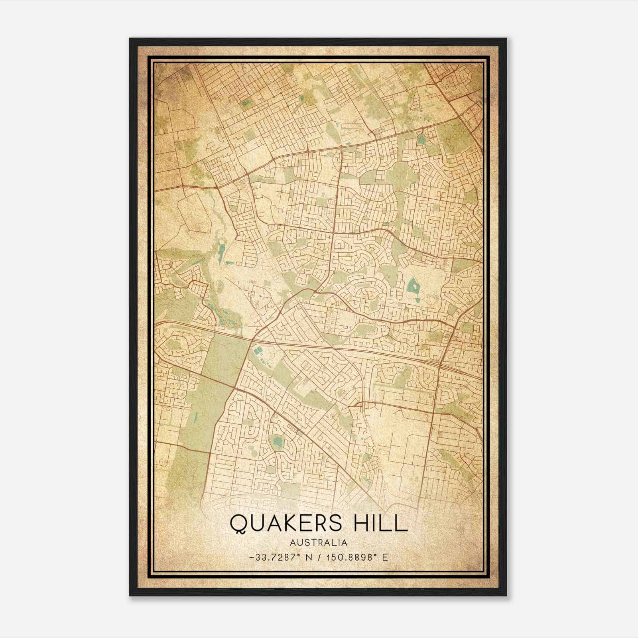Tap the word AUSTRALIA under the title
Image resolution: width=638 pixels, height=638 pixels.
[319, 543]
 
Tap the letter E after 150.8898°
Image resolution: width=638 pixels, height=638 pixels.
[385, 557]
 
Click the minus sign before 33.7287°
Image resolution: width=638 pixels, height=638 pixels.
[251, 557]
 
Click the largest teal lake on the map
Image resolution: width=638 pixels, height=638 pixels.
[412, 286]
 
